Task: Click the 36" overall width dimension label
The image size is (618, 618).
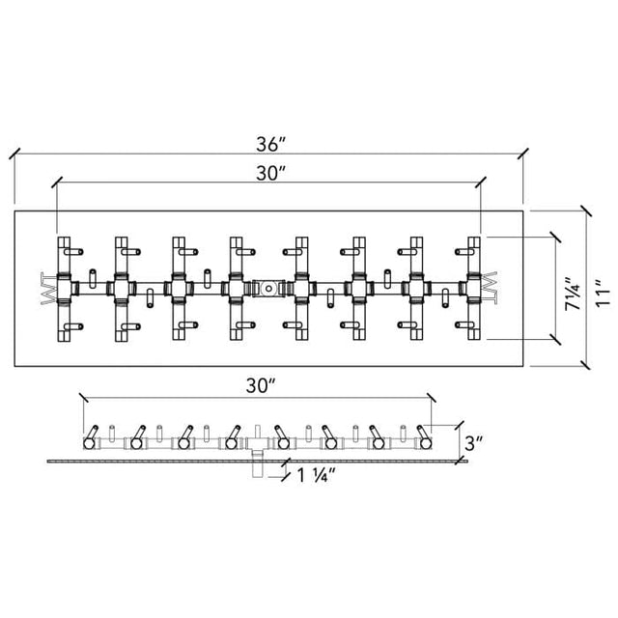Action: tap(270, 144)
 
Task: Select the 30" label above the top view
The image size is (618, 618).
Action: tap(270, 173)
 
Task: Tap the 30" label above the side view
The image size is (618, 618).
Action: tap(261, 385)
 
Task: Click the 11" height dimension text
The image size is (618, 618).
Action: tap(603, 294)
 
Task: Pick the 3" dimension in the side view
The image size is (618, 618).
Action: tap(473, 443)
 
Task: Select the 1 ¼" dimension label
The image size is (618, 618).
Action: tap(316, 475)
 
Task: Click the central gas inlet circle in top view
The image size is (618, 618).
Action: tap(268, 289)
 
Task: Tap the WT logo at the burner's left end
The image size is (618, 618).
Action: tap(47, 288)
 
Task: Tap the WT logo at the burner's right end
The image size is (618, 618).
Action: tap(491, 288)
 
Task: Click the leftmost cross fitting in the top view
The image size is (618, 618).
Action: tap(65, 289)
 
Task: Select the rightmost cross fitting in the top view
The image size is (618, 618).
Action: tap(474, 289)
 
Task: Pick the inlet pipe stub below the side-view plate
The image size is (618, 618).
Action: tap(257, 469)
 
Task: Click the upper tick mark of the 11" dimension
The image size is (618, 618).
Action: tap(586, 211)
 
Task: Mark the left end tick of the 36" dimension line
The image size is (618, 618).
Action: tap(14, 154)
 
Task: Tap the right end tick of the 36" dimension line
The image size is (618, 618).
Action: tap(523, 154)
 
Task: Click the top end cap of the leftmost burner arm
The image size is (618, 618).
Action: tap(64, 241)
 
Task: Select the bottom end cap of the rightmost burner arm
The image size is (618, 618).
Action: tap(474, 335)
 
